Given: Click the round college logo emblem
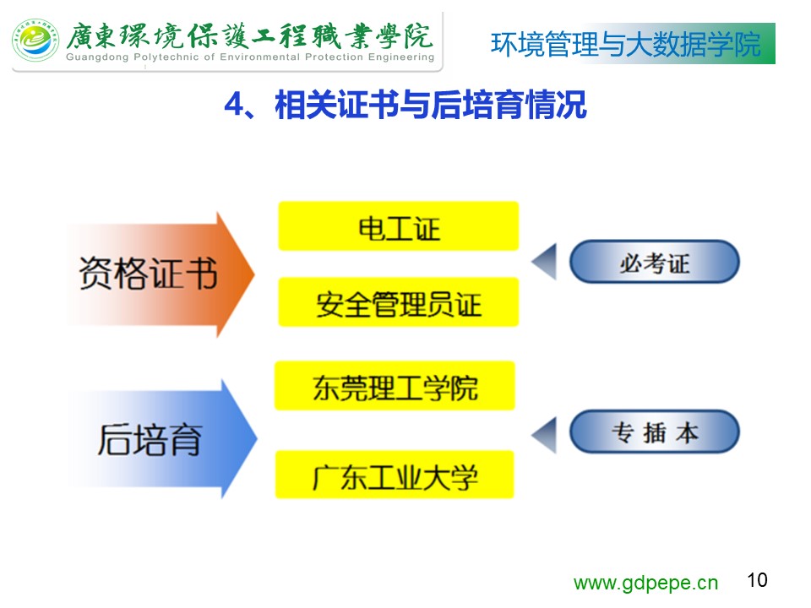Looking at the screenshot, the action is [x=35, y=41].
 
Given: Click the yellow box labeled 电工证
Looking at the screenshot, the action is [x=398, y=226].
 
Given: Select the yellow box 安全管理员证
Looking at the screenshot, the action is [x=398, y=302].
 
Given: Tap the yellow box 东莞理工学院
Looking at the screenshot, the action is [x=395, y=386].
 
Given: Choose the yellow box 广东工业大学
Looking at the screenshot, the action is [x=395, y=475].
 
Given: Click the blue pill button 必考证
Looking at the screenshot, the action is [x=654, y=261].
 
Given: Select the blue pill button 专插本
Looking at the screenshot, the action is [x=654, y=432].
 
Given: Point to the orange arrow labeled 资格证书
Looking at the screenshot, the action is [x=161, y=274].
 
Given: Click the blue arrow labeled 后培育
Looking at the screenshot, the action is [x=161, y=439].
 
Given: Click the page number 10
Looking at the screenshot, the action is [x=757, y=580].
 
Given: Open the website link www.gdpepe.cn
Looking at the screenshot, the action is [x=645, y=584].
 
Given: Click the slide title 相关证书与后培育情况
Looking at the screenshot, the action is [x=431, y=105].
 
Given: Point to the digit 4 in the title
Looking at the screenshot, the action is [x=233, y=105].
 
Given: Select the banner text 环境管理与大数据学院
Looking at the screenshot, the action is [x=626, y=44].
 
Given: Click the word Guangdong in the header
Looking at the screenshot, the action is [x=97, y=57].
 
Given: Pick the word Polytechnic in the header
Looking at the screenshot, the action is [x=166, y=57].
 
